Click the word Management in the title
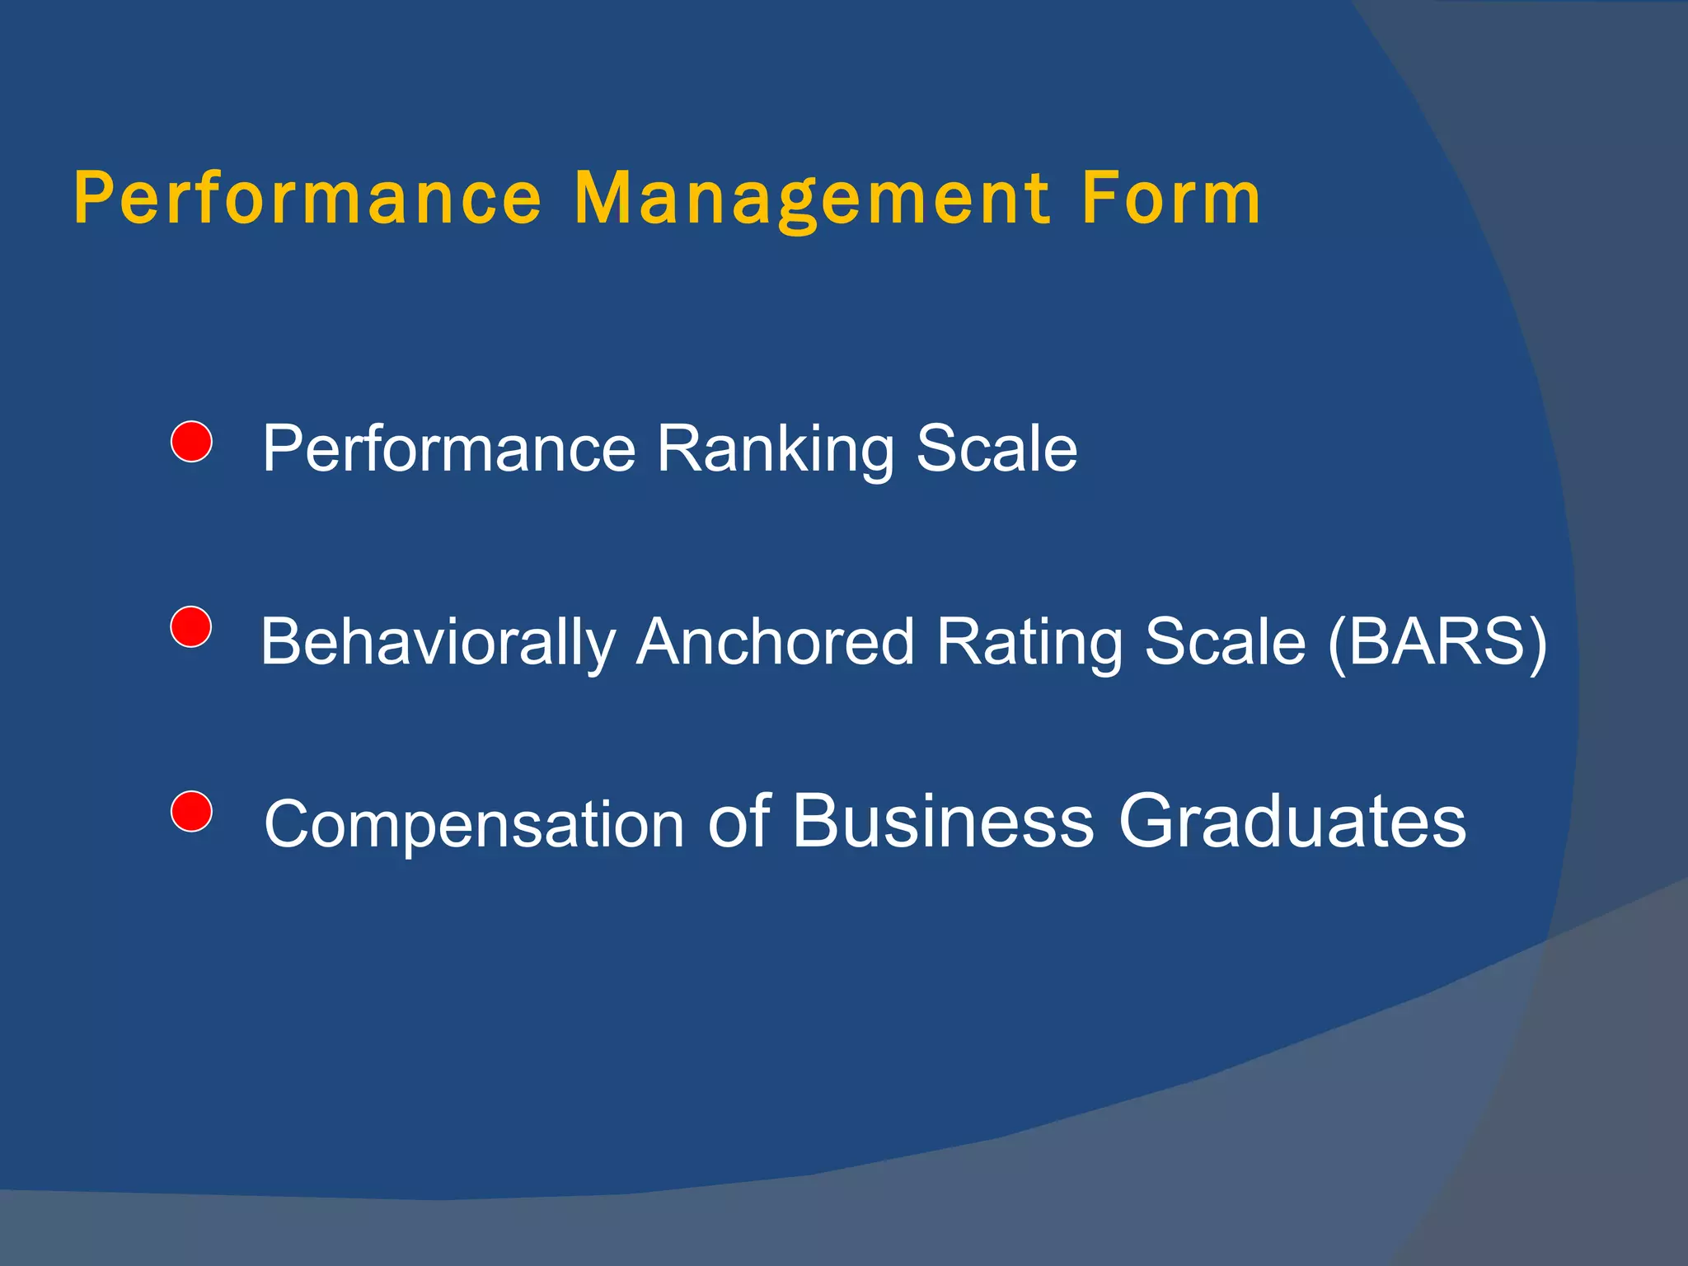(812, 199)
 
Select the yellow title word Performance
(307, 199)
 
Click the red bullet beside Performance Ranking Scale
(191, 442)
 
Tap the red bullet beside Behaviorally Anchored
(191, 626)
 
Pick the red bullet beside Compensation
(191, 811)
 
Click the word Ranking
(775, 450)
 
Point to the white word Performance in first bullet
(449, 450)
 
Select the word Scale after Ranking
(996, 448)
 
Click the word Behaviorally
(438, 643)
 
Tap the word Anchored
(775, 641)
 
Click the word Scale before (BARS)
(1225, 641)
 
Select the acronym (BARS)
(1437, 643)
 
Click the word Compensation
(474, 824)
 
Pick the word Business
(943, 821)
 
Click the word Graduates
(1292, 821)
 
